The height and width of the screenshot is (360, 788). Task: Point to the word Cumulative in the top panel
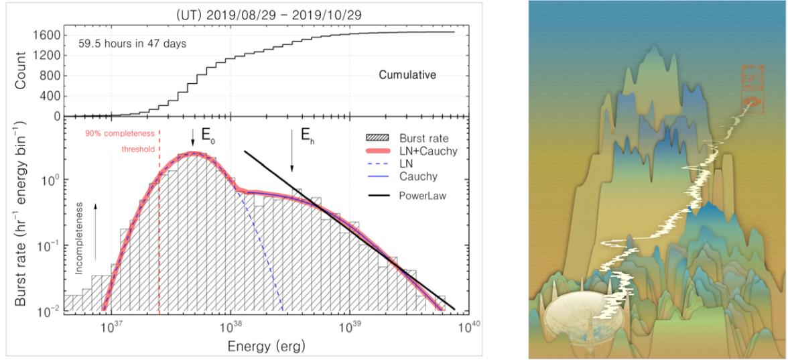tap(407, 76)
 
